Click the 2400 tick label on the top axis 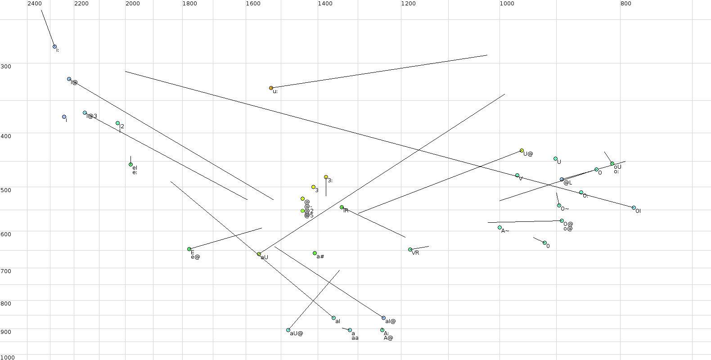tap(35, 4)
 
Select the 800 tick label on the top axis tap(625, 4)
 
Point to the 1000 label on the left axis tap(8, 357)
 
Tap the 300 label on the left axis tap(6, 66)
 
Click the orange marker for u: tap(271, 88)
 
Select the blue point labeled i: tap(54, 47)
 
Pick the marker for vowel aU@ tap(288, 330)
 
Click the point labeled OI tap(634, 208)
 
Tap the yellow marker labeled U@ tap(522, 151)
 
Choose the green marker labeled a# tap(315, 253)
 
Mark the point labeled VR tap(410, 250)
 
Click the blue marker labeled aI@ tap(383, 318)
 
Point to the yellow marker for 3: tap(326, 177)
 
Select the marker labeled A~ tap(499, 228)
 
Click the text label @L tap(567, 183)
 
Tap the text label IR tap(346, 211)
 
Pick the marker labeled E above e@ tap(189, 249)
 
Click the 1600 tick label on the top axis tap(253, 4)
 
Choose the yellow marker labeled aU tap(259, 254)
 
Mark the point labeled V tap(517, 175)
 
